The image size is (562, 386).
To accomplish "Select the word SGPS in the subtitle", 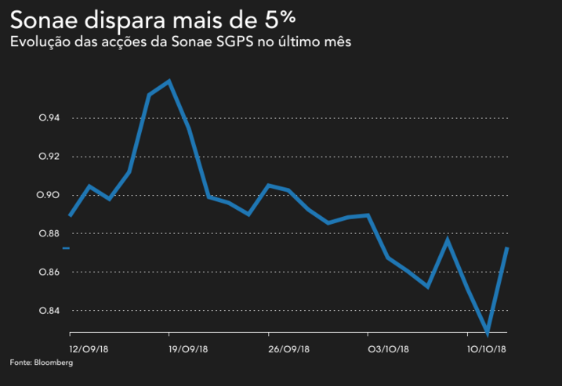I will [230, 42].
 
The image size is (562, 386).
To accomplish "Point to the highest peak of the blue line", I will [169, 81].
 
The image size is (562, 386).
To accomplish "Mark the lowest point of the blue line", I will [488, 334].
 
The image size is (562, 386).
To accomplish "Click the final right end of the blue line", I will [507, 248].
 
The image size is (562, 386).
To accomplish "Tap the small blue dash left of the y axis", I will [66, 248].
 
